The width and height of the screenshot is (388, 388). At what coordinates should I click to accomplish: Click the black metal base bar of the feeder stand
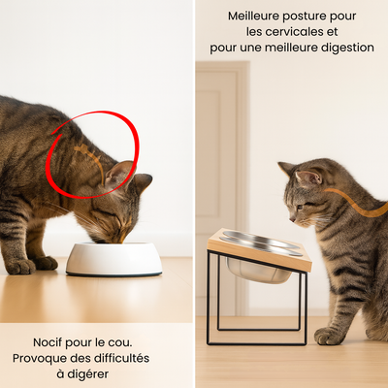257,342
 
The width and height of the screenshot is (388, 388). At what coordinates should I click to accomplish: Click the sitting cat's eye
299,206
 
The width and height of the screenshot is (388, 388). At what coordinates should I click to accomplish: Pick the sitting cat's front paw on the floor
329,336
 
